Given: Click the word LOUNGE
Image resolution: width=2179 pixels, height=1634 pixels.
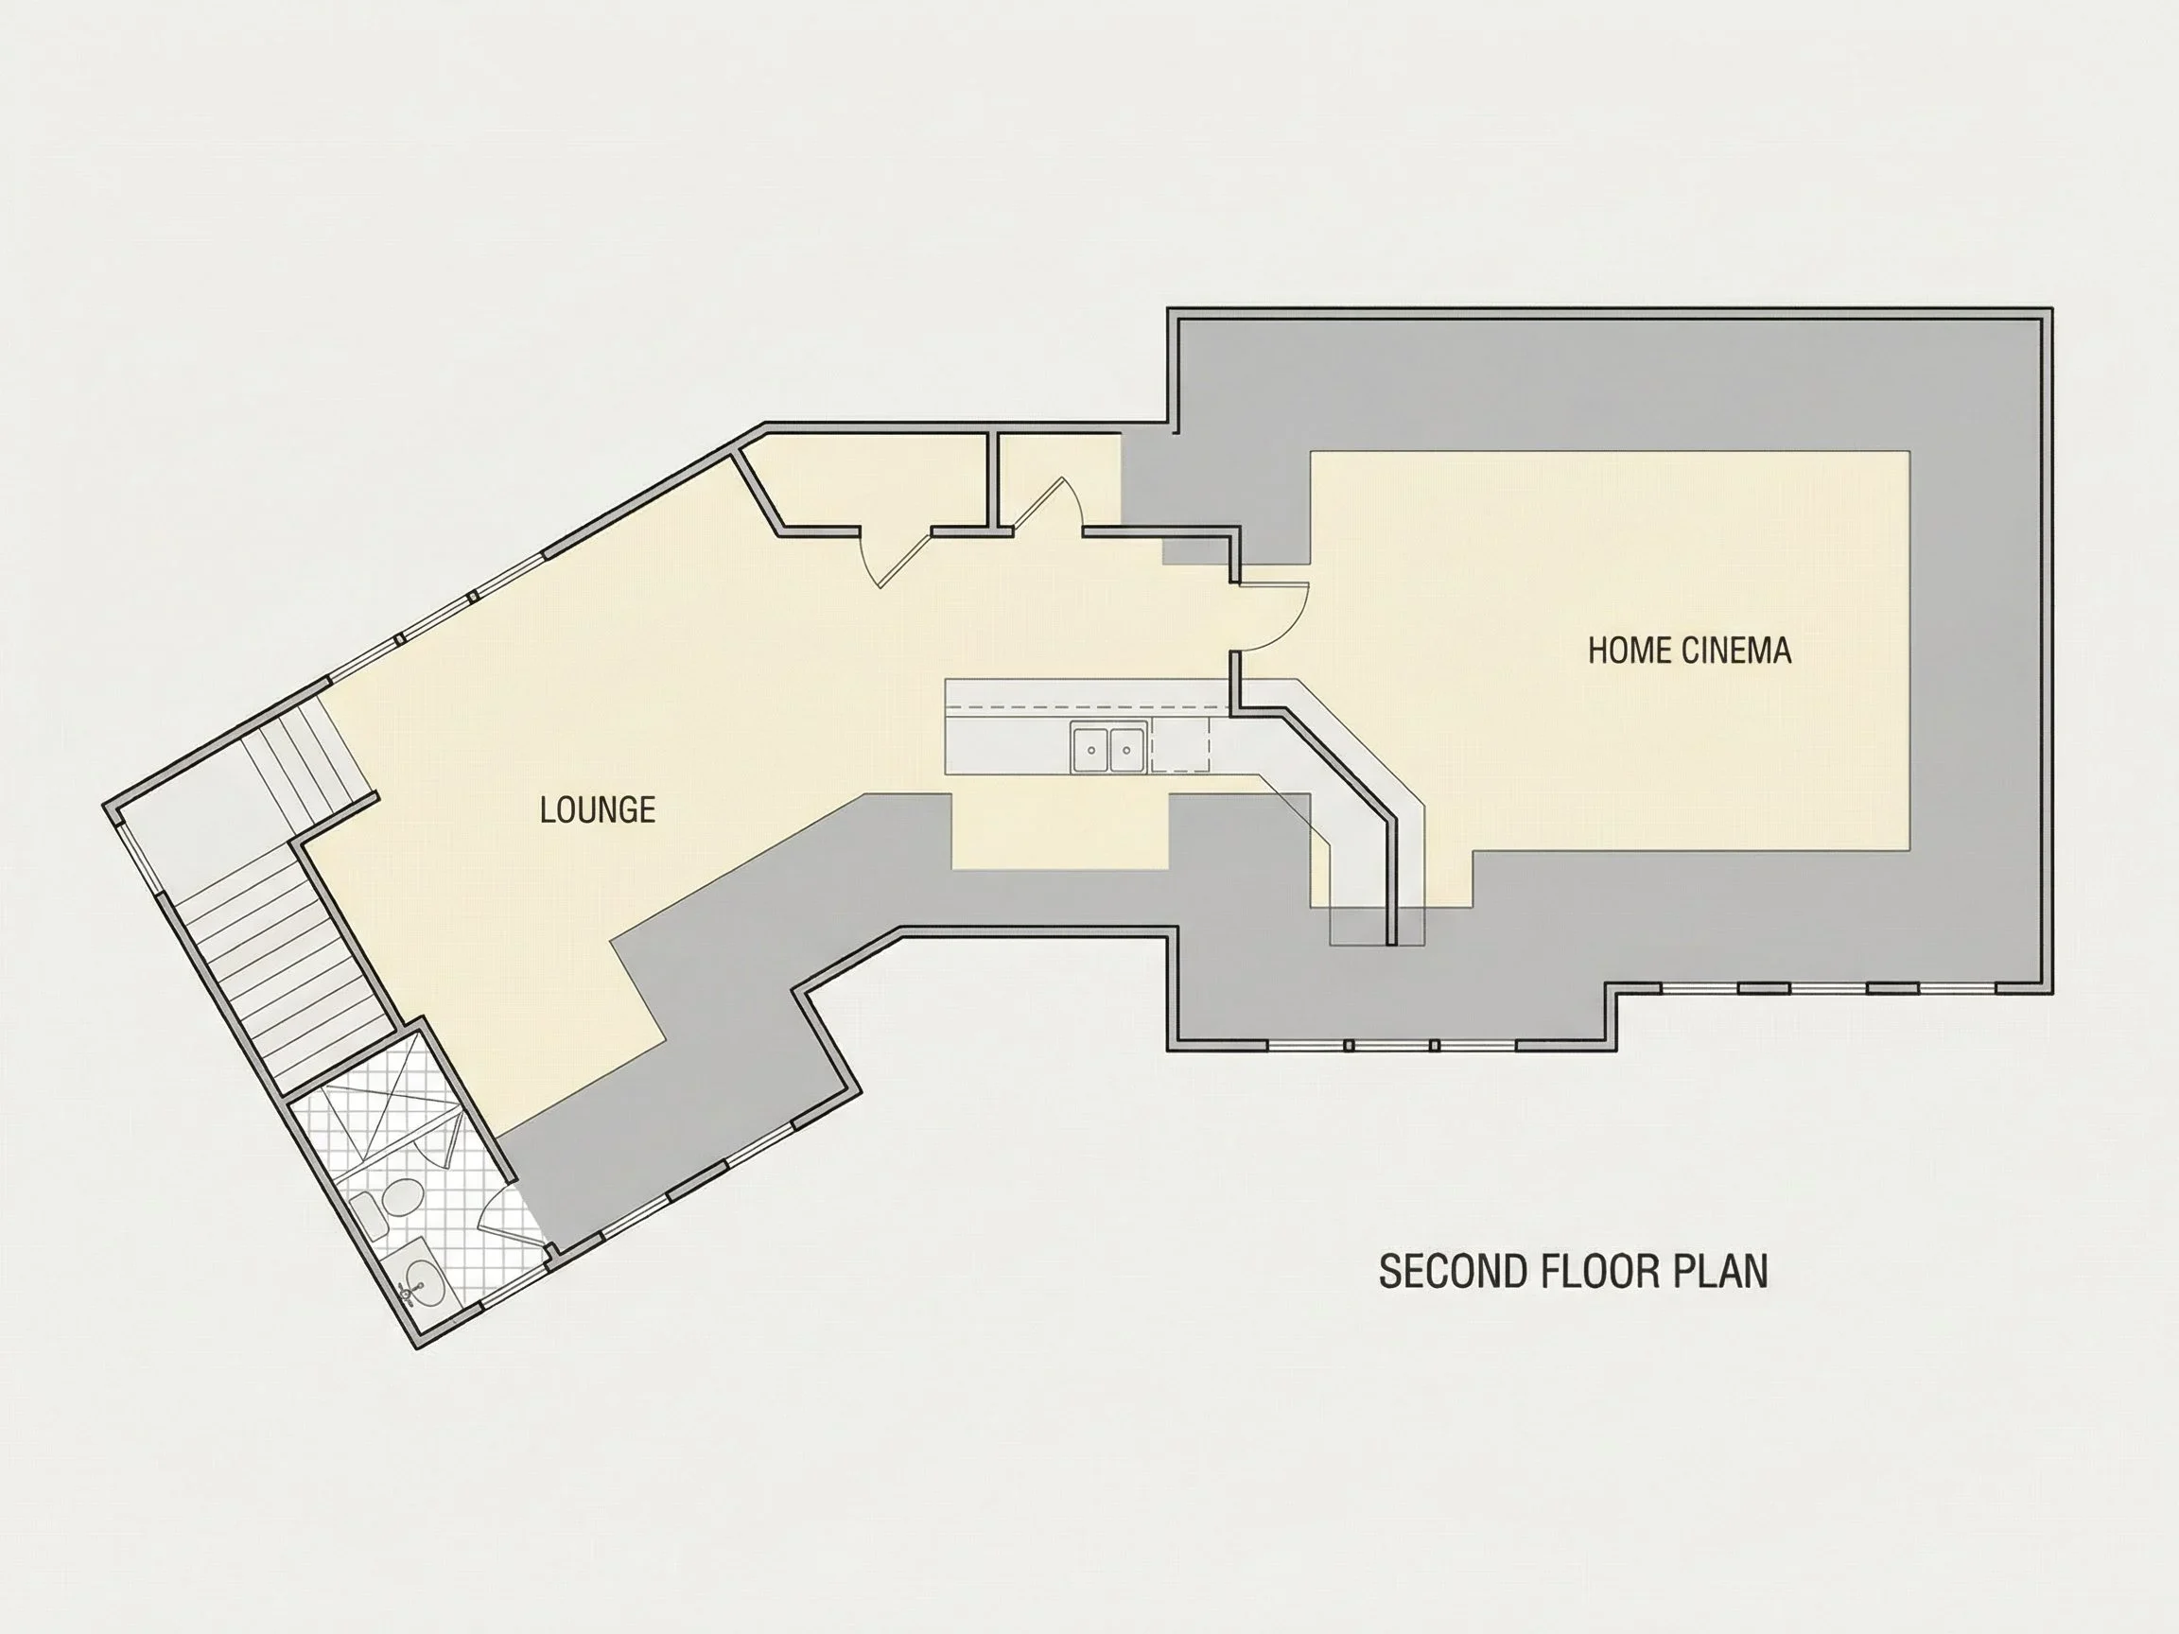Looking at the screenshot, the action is click(597, 809).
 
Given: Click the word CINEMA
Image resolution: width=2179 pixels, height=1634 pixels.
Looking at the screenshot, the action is click(1736, 650).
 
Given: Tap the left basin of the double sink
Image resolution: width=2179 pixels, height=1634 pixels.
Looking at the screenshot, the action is click(1091, 750).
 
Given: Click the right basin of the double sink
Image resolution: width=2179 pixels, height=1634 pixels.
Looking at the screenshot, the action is click(1127, 750).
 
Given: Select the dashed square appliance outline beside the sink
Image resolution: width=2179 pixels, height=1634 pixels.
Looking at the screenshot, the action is click(1180, 745).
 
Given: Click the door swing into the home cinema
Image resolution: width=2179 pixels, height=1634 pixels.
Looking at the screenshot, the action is click(1274, 617).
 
